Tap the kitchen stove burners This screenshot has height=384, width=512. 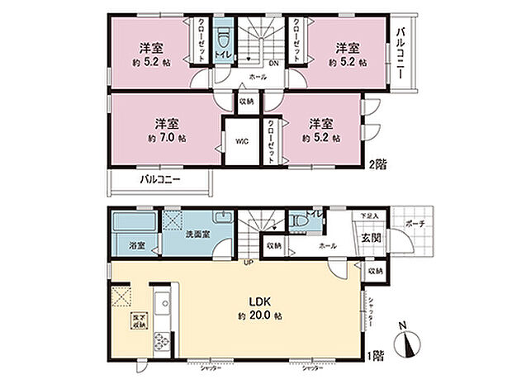(x=162, y=339)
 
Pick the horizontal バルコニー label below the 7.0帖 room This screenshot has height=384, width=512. (x=159, y=179)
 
